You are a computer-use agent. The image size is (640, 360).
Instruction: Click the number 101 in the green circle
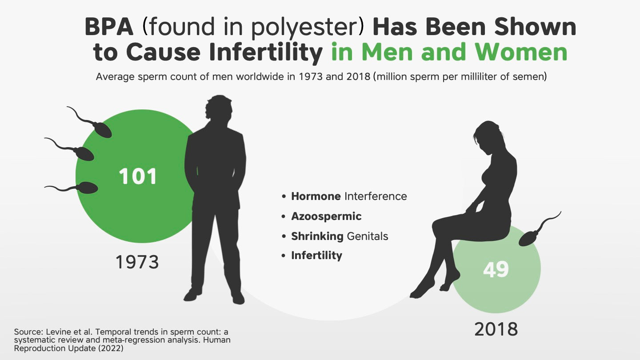click(138, 176)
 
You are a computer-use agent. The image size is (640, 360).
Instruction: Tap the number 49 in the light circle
click(496, 269)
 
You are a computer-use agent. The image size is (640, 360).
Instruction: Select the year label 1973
click(137, 262)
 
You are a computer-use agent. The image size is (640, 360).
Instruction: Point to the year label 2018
click(496, 329)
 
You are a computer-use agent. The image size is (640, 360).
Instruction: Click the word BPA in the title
click(109, 28)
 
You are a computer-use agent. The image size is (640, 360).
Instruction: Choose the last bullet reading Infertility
click(316, 256)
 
